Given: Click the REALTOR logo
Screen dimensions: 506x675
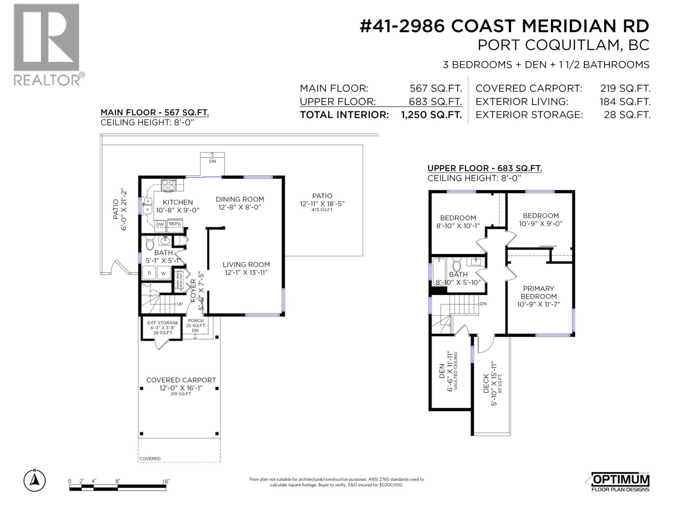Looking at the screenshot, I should pyautogui.click(x=46, y=44).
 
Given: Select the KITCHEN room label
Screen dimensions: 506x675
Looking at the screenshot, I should pyautogui.click(x=178, y=202).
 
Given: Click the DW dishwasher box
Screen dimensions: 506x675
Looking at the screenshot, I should pyautogui.click(x=160, y=225).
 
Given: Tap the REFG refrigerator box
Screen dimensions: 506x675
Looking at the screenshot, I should pyautogui.click(x=175, y=224).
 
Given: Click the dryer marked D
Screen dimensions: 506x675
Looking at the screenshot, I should pyautogui.click(x=149, y=273).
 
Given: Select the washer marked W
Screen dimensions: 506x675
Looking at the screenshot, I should pyautogui.click(x=164, y=273).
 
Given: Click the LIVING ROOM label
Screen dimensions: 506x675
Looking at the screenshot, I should pyautogui.click(x=246, y=265).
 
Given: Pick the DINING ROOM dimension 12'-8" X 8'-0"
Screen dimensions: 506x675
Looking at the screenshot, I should pyautogui.click(x=240, y=207).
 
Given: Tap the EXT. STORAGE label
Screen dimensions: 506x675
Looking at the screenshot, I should pyautogui.click(x=163, y=323).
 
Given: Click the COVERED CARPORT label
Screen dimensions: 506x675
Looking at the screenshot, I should pyautogui.click(x=181, y=380).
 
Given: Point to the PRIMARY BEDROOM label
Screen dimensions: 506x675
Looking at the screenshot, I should pyautogui.click(x=538, y=292).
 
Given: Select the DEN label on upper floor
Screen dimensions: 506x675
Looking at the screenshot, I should pyautogui.click(x=442, y=371).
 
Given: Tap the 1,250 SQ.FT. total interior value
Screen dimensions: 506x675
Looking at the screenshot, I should pyautogui.click(x=431, y=115).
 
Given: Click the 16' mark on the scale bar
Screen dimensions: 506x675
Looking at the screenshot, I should pyautogui.click(x=165, y=481).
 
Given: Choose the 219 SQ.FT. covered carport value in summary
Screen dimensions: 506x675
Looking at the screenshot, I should pyautogui.click(x=625, y=89).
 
